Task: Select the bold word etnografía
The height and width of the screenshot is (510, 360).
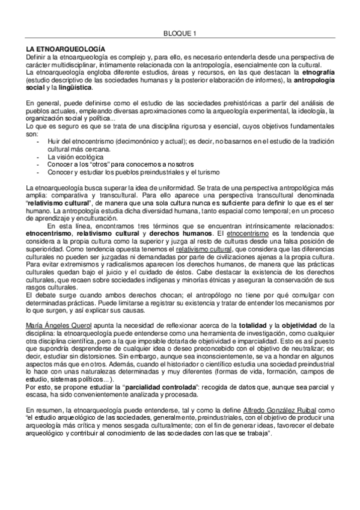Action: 317,72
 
